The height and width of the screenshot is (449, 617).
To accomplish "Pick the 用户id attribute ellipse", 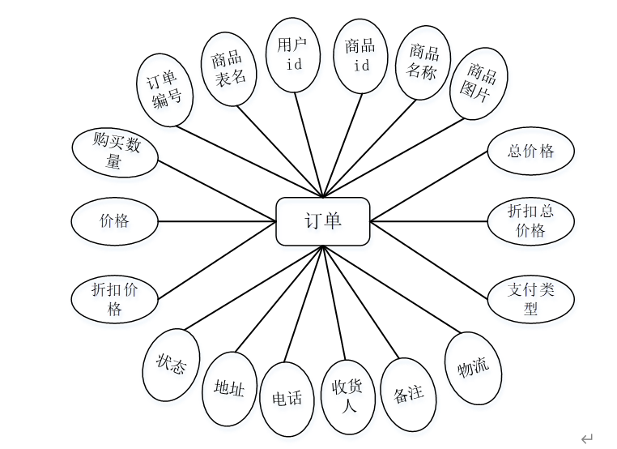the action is click(289, 54).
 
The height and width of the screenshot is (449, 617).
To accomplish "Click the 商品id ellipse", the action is click(357, 55).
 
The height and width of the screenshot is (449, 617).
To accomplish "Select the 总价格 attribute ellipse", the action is click(531, 151).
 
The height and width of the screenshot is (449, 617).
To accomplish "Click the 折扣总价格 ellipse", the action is click(531, 221).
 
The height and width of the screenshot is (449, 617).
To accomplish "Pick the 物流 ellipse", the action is click(474, 368).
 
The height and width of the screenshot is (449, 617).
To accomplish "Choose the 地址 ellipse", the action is click(229, 389).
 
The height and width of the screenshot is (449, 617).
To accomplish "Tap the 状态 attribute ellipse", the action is click(171, 365).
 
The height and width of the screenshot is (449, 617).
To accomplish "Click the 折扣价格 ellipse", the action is click(114, 299).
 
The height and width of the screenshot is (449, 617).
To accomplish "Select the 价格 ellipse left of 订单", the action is click(114, 220).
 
